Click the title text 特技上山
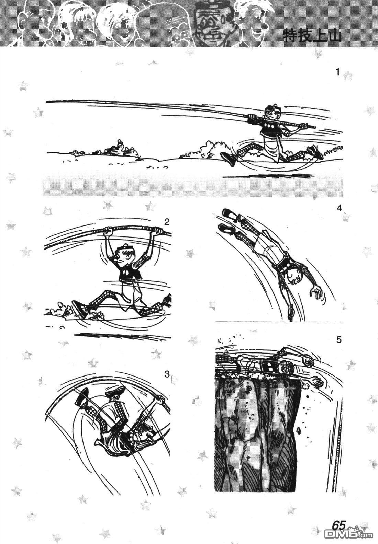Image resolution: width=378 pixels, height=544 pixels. (312, 37)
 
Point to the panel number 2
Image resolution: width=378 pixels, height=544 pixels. (167, 222)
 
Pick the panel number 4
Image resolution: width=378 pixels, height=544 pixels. (340, 208)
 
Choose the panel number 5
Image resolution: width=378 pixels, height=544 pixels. (339, 340)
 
